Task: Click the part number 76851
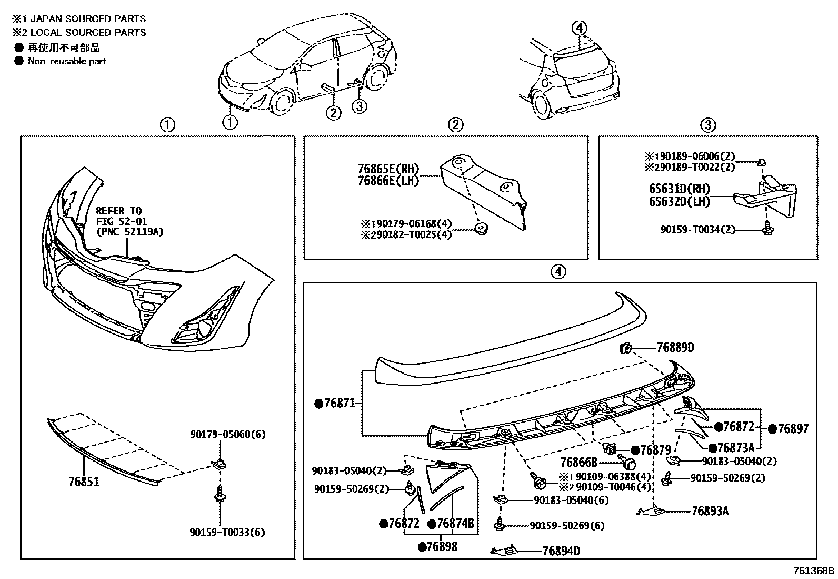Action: (x=84, y=482)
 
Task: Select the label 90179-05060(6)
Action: (x=227, y=435)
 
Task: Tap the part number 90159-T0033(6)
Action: (x=227, y=532)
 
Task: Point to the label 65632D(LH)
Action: (x=679, y=201)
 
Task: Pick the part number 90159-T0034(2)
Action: (x=698, y=230)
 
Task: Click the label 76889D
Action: (x=675, y=348)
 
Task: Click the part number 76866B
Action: (x=579, y=463)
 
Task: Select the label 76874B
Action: (x=455, y=524)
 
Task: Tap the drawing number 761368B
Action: (x=814, y=571)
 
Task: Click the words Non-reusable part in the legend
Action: (x=67, y=61)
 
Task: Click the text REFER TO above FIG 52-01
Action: (x=119, y=211)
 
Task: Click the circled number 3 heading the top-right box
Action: (x=708, y=125)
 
